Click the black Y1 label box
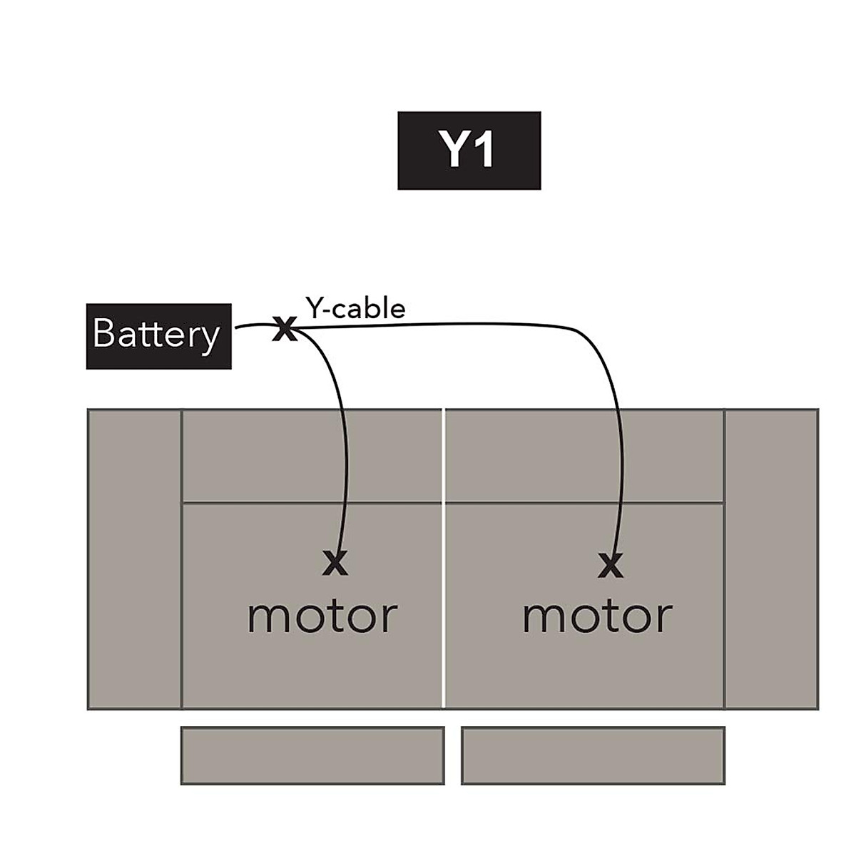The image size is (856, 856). coord(469,151)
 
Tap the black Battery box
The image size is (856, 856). coord(158,336)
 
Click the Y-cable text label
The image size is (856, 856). coord(355,308)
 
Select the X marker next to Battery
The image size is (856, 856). coord(283,330)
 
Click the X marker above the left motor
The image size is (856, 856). coord(335,564)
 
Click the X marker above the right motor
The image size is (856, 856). coord(610,566)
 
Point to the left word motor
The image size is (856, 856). coord(322,616)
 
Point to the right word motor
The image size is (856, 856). coord(597,616)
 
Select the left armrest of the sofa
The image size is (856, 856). coord(134,559)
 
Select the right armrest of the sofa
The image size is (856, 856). coord(772,559)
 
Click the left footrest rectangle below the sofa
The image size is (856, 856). coord(312,755)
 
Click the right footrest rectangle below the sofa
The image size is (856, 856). coord(593,755)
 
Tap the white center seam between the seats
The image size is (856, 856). coord(444,559)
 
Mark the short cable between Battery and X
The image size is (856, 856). coord(251,326)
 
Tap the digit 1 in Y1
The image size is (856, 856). coord(485,151)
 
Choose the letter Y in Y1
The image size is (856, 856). coord(454,151)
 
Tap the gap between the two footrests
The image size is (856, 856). coord(453,755)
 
